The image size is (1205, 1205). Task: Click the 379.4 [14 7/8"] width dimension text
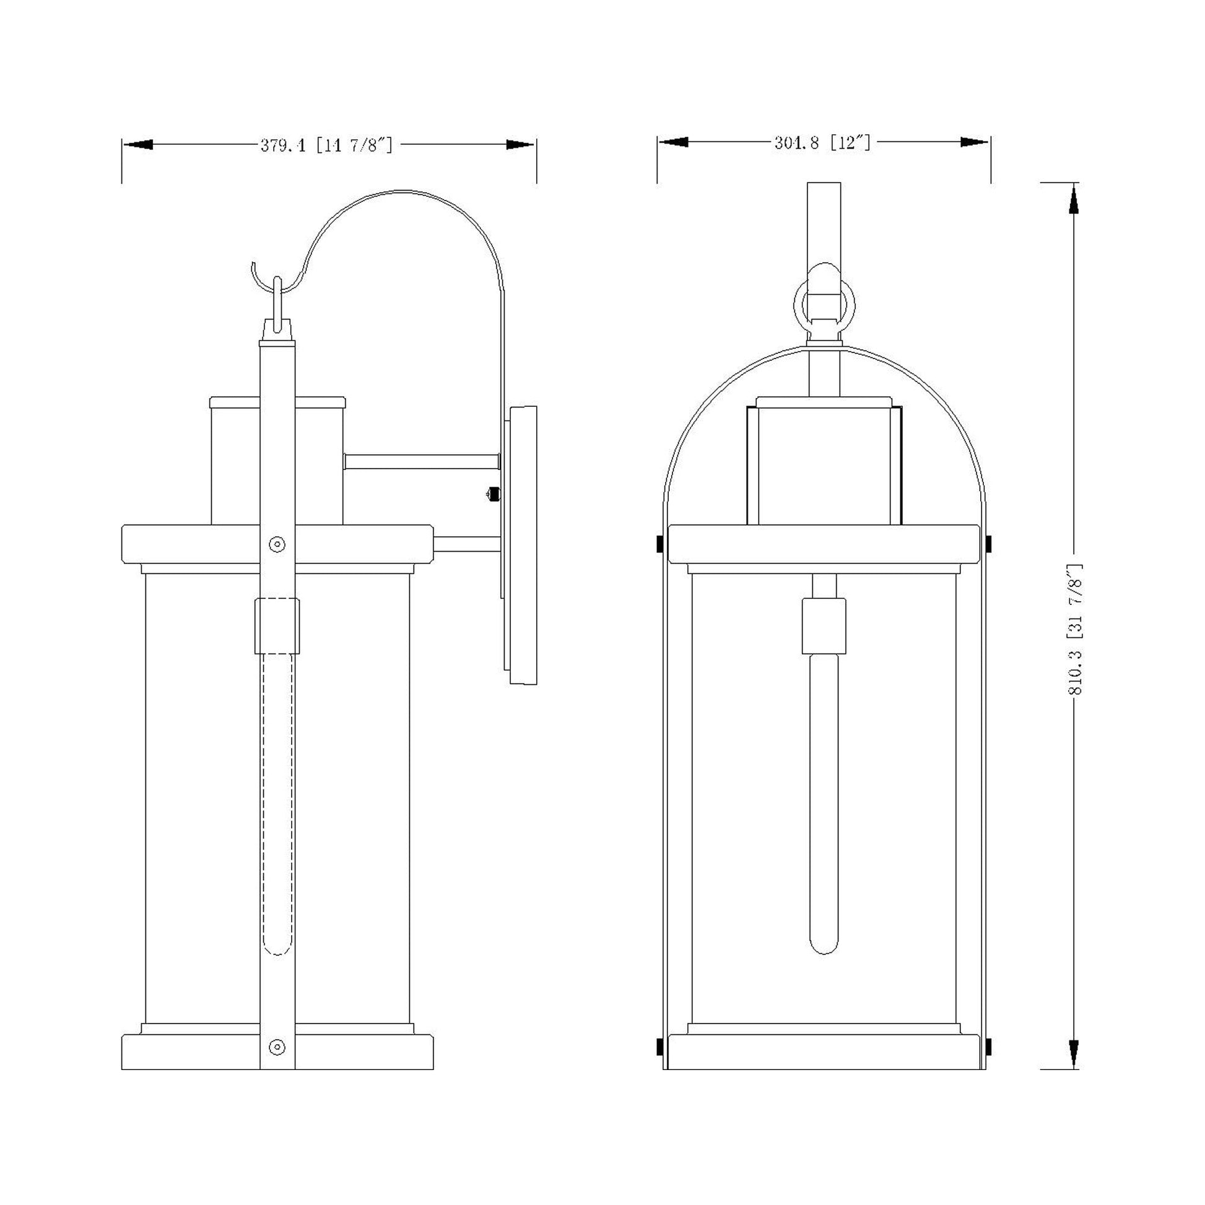coord(327,146)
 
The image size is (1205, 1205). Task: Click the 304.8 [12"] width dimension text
coord(822,143)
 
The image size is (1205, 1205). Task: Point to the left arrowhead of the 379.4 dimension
coord(138,145)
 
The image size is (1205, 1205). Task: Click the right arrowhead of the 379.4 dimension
coord(520,145)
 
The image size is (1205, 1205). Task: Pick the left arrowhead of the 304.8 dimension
coord(673,142)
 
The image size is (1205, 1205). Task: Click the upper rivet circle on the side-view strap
coord(277,544)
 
